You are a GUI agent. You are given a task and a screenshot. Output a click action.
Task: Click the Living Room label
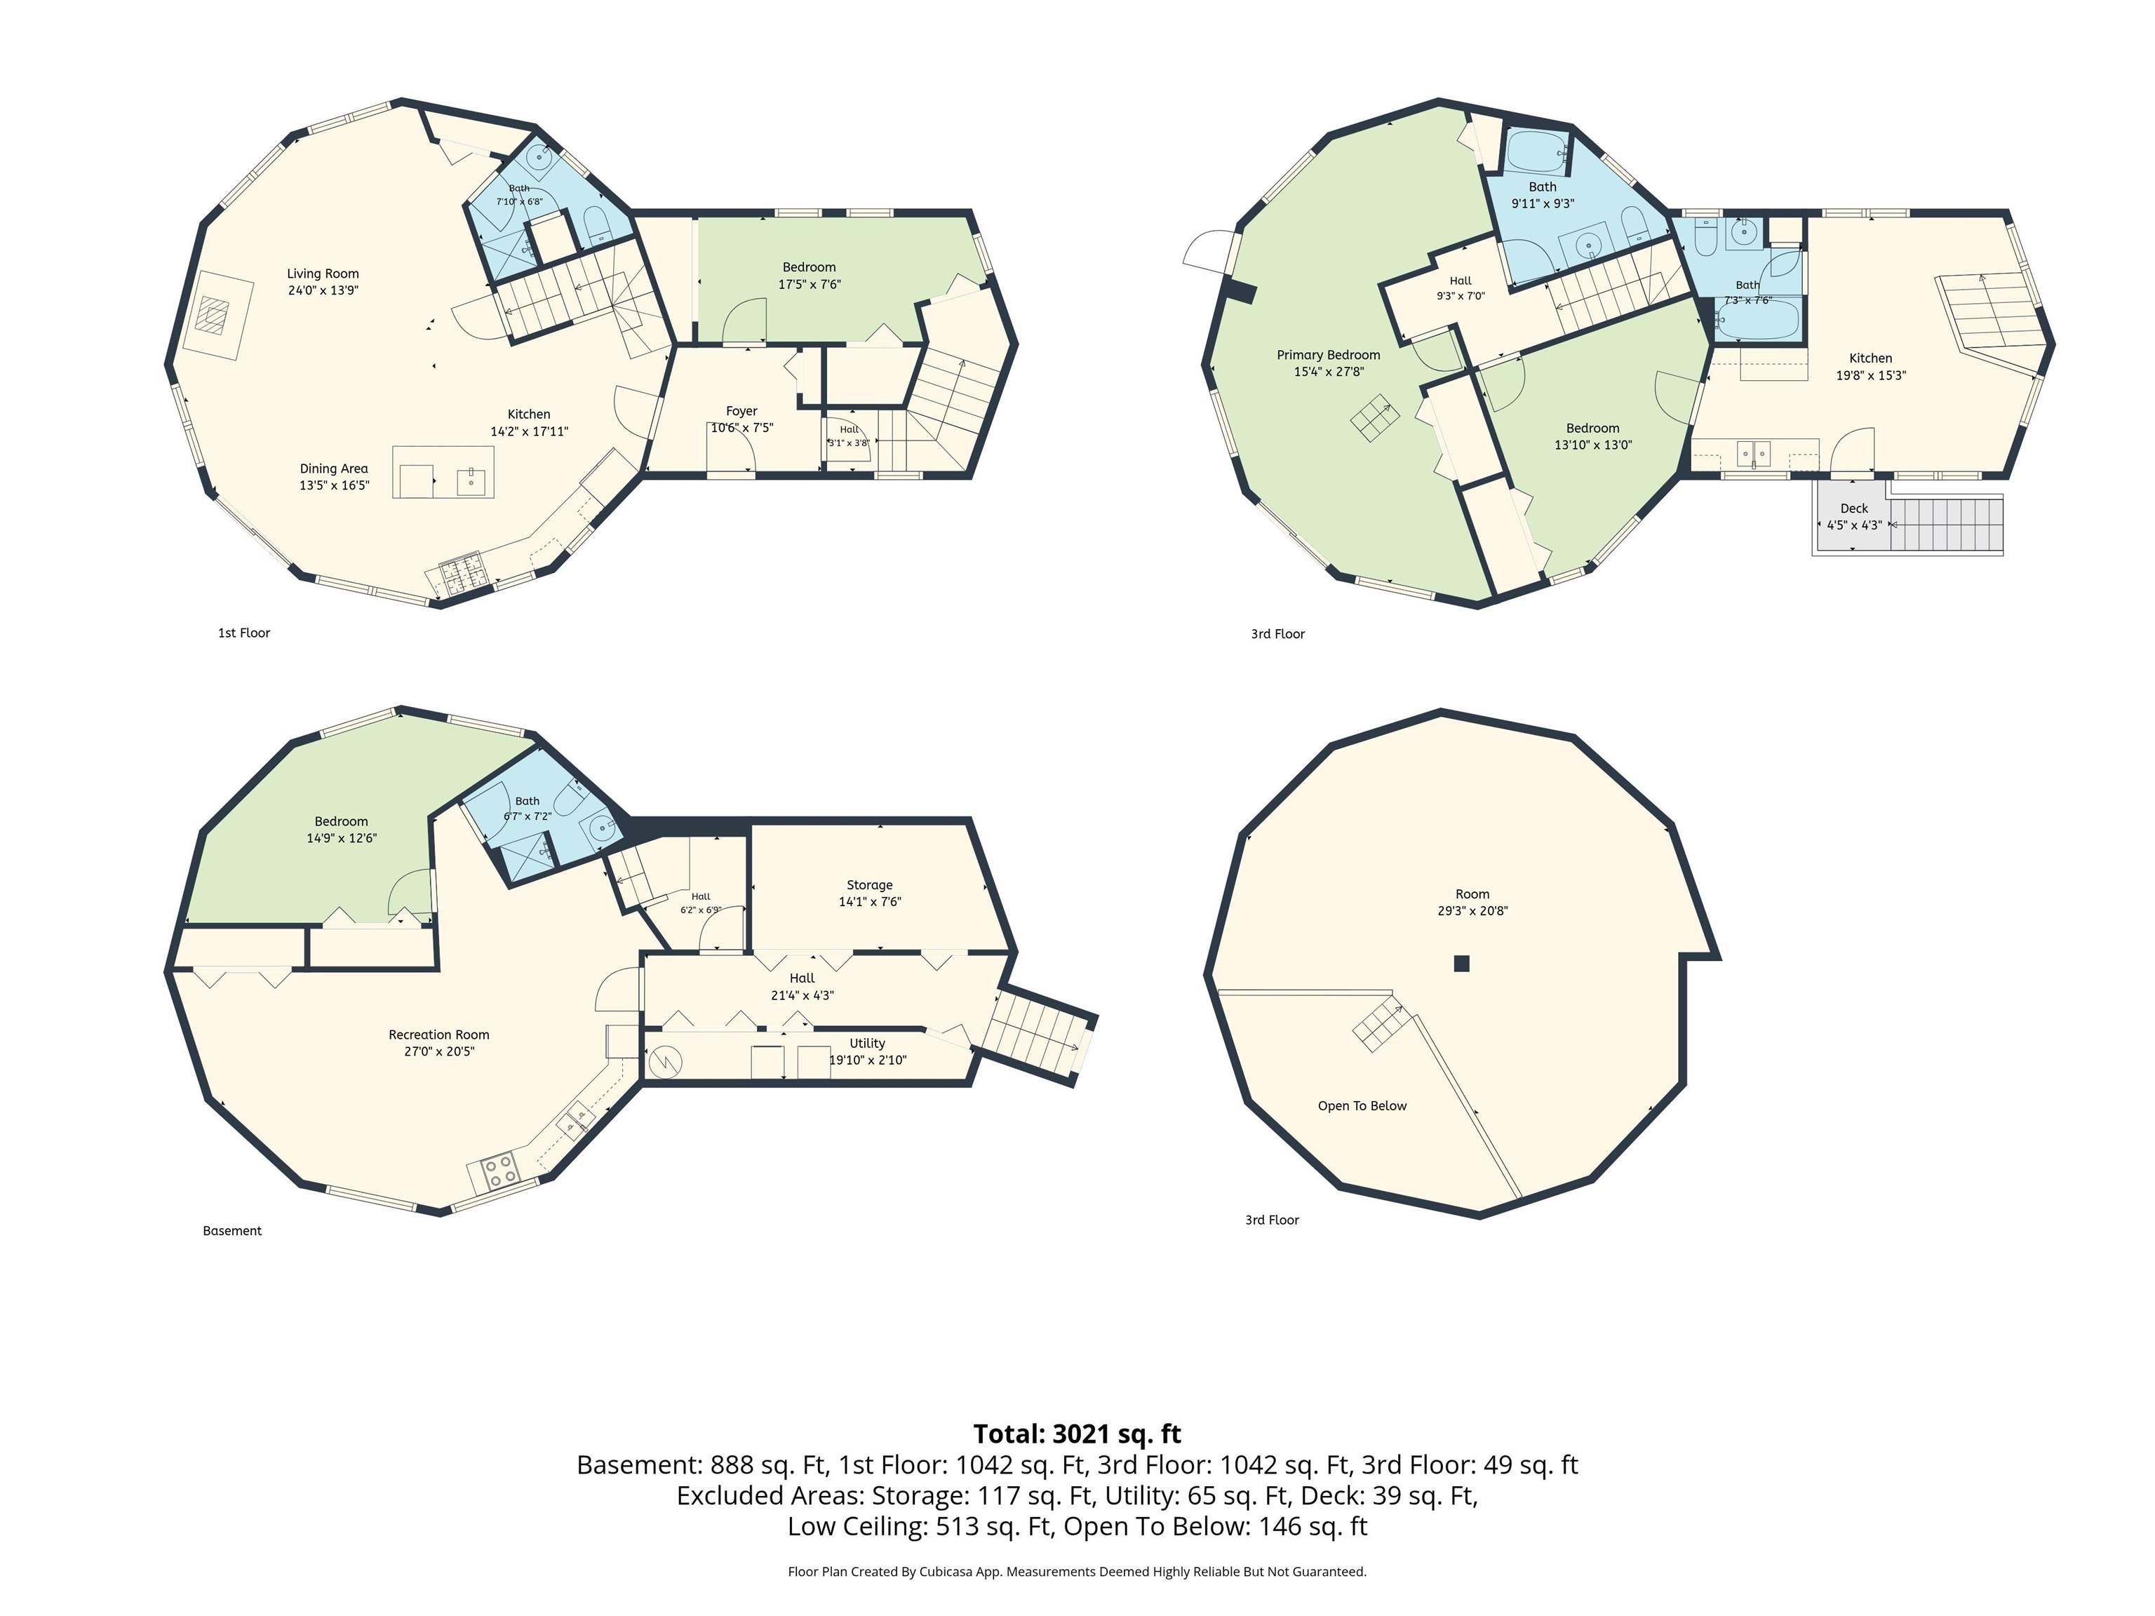tap(323, 274)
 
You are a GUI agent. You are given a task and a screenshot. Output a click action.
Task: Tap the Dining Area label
tap(334, 469)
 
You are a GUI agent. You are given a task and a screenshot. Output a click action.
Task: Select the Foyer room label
tap(741, 411)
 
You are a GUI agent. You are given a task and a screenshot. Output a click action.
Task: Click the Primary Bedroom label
tap(1328, 355)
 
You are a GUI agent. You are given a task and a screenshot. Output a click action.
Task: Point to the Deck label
tap(1854, 509)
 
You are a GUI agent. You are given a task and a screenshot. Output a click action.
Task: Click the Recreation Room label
tap(438, 1035)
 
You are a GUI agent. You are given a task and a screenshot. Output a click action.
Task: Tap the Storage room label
tap(869, 885)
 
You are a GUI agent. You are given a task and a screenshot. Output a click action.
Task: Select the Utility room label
tap(867, 1043)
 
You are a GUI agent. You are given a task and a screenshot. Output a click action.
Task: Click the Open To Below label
tap(1362, 1105)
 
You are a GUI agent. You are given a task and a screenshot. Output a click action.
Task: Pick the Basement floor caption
tap(232, 1230)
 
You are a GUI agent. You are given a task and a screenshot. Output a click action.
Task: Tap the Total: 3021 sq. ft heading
tap(1077, 1434)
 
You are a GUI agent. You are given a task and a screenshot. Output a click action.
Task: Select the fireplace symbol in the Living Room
tap(213, 315)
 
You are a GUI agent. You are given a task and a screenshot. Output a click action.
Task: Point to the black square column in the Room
tap(1461, 964)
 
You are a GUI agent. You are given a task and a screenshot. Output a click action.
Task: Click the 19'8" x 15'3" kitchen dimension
tap(1870, 375)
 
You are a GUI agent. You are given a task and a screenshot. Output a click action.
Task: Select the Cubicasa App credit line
tap(1077, 1571)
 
